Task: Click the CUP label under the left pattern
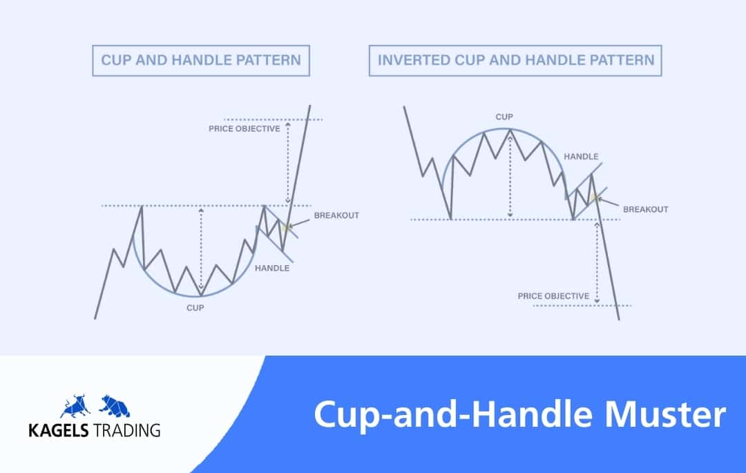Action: pos(195,308)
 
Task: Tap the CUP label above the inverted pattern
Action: pos(504,117)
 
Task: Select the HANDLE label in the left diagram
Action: pos(272,268)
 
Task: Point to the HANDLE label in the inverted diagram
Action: pos(581,156)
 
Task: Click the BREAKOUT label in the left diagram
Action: pos(336,215)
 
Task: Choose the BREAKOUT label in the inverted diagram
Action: pos(646,209)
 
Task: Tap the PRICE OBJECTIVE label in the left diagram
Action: pos(245,129)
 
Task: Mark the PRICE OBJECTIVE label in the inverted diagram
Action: pos(553,296)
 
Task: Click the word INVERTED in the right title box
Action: pos(414,60)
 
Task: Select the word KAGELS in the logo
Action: pos(59,431)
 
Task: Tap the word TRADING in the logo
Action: pos(126,431)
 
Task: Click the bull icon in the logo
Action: pos(75,406)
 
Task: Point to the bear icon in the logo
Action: pos(115,406)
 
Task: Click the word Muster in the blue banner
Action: pos(665,414)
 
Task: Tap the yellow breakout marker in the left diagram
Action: pos(285,227)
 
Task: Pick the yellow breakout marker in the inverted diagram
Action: pos(594,197)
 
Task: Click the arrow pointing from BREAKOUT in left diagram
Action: pos(299,223)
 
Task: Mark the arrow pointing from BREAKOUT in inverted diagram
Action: pos(608,202)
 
